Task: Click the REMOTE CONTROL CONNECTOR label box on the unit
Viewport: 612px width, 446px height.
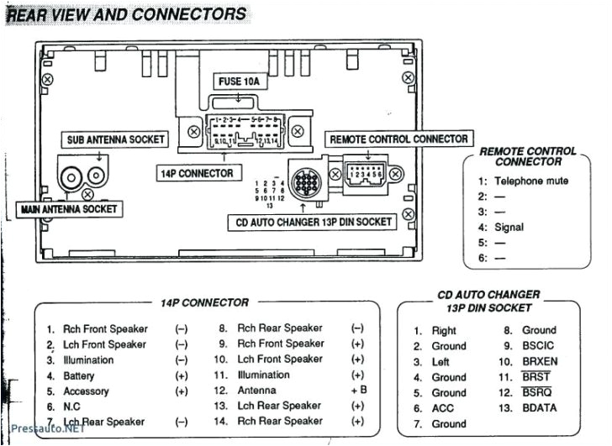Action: click(398, 139)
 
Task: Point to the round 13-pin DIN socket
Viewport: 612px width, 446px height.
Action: click(304, 180)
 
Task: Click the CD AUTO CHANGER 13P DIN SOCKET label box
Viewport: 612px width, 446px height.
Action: click(311, 222)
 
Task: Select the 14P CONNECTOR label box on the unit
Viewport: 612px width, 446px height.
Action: click(196, 173)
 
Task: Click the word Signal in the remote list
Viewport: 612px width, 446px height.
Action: click(509, 227)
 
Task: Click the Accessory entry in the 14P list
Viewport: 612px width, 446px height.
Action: click(86, 391)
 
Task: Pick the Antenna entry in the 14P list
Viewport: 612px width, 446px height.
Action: click(256, 391)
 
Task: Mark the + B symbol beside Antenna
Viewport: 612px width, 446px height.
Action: click(359, 391)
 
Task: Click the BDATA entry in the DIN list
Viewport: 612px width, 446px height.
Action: click(540, 408)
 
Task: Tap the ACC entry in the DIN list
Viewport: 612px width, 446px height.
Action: click(442, 408)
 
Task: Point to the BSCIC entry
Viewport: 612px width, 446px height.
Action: click(539, 345)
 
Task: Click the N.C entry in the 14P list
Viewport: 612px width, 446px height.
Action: click(73, 407)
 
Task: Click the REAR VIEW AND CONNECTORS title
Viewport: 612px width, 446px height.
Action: click(127, 13)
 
